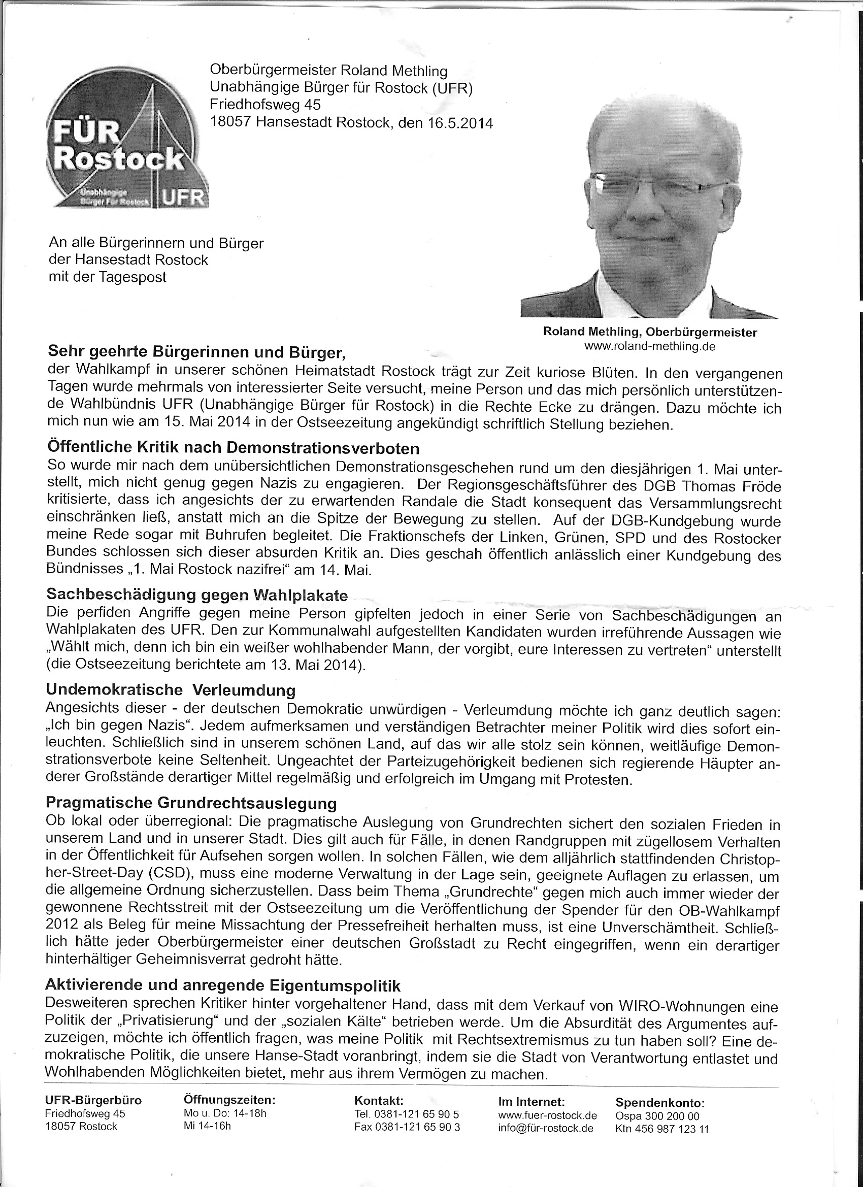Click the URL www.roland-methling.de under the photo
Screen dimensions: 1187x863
[649, 346]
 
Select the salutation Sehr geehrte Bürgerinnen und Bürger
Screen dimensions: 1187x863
[196, 352]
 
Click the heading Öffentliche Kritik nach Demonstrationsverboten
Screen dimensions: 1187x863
[234, 448]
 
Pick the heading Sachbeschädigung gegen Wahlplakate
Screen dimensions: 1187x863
[197, 595]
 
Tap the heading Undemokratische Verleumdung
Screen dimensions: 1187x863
[171, 690]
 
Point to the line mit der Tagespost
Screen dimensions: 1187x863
[107, 277]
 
